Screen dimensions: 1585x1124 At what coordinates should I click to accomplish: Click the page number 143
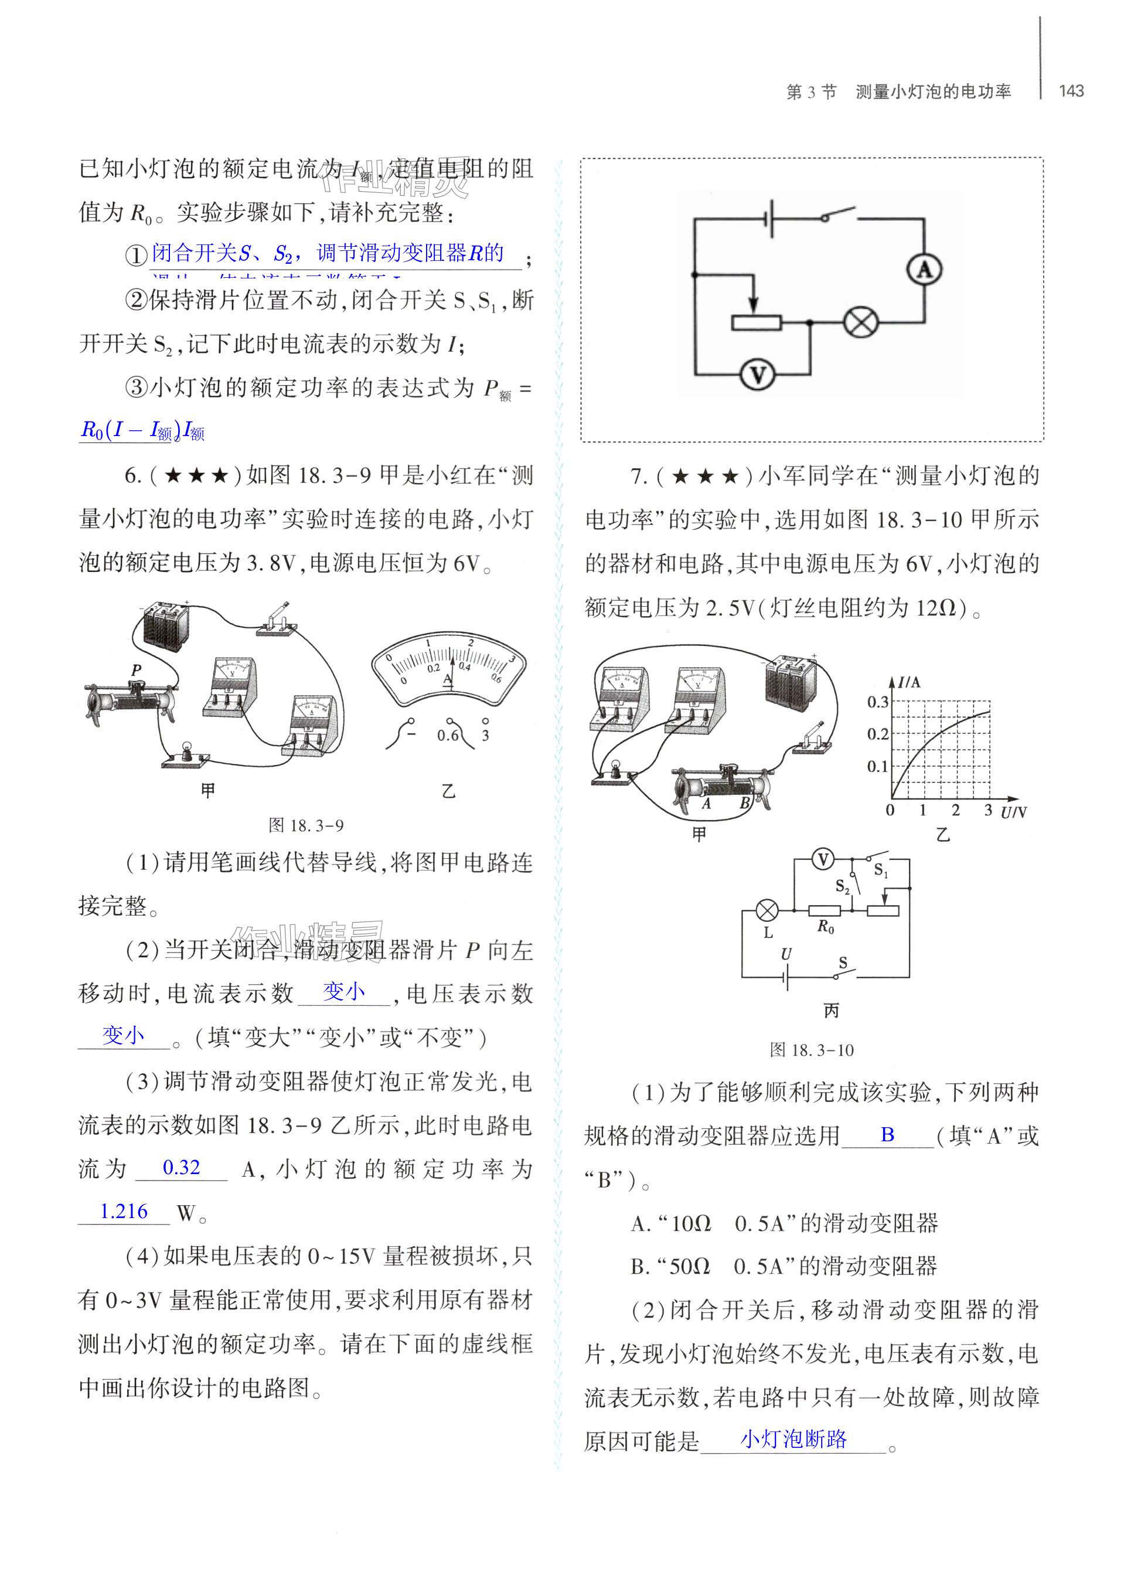(1071, 91)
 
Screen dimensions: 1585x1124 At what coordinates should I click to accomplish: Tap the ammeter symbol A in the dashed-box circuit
(924, 269)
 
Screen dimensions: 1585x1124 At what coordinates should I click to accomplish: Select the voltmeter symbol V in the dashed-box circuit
(758, 375)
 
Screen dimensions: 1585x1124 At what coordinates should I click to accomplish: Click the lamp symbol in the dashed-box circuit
(860, 322)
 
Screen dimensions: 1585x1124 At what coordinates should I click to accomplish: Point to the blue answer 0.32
(181, 1167)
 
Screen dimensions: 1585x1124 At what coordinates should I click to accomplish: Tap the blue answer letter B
(887, 1135)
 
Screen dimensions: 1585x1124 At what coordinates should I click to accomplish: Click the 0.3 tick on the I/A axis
(878, 702)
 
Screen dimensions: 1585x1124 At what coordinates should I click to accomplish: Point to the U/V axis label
(1014, 812)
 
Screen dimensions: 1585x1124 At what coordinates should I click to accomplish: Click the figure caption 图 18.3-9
(306, 825)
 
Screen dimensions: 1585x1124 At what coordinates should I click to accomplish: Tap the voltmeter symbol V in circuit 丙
(823, 860)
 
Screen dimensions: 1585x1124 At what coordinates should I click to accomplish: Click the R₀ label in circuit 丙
(826, 927)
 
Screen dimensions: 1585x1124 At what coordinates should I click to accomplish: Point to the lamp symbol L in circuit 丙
(766, 911)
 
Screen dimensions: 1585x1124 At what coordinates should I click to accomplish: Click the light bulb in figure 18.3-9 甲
(186, 753)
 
